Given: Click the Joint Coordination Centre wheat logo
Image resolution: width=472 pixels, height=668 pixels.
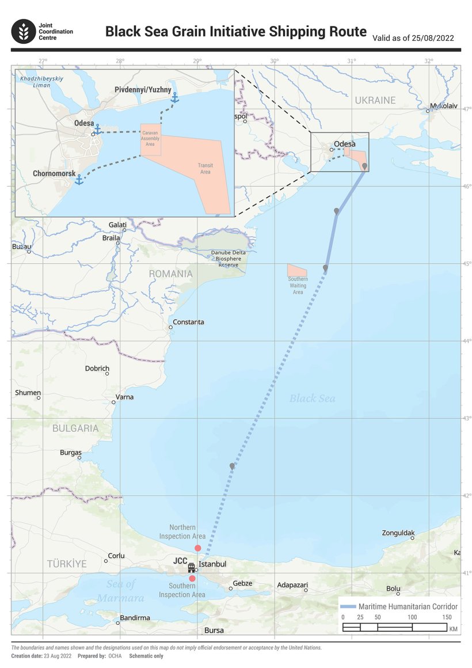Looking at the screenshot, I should tap(24, 31).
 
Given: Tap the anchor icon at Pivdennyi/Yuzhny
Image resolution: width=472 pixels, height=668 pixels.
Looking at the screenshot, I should tap(174, 98).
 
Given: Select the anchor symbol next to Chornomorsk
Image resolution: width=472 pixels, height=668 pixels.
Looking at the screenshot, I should tap(79, 180).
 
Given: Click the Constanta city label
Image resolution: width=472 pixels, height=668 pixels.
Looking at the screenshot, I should tap(188, 322).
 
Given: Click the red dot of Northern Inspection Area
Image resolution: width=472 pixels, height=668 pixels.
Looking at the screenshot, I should tap(198, 548).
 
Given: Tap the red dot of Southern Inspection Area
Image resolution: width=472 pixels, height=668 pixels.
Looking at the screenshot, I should tap(192, 578).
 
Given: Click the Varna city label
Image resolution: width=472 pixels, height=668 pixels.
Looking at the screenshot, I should tap(125, 397).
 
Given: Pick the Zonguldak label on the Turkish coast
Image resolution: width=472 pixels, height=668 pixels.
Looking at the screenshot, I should tap(398, 533).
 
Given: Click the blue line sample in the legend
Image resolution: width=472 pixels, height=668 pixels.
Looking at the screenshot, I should tap(348, 607).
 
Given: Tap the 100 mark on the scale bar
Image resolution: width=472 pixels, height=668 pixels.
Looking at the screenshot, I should tap(412, 617).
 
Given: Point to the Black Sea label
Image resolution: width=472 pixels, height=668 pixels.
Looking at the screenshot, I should tap(312, 398).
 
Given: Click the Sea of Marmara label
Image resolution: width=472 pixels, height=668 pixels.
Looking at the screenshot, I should tap(121, 591).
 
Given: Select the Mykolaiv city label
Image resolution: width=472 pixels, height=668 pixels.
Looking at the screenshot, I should tap(444, 106).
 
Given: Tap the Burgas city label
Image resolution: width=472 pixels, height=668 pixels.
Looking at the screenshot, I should tap(71, 453).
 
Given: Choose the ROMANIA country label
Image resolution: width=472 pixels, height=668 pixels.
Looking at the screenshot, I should tap(170, 274).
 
